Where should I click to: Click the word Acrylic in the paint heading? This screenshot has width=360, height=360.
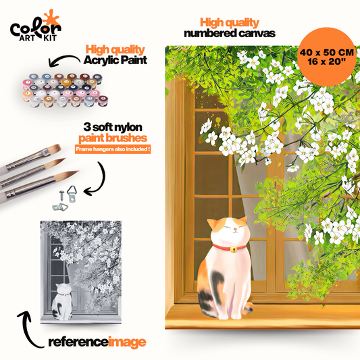(x=100, y=60)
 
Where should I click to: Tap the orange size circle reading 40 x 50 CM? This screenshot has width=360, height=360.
(x=326, y=57)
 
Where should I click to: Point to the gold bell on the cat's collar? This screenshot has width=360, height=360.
(x=233, y=249)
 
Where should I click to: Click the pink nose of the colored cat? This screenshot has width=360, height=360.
(x=234, y=229)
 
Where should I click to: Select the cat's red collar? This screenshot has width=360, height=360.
(x=229, y=247)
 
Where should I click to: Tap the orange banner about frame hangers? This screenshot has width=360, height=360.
(x=113, y=149)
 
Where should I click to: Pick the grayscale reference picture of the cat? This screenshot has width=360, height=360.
(x=81, y=272)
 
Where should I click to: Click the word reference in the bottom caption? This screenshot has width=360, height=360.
(x=78, y=342)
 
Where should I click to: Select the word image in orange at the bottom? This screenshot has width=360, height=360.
(x=127, y=342)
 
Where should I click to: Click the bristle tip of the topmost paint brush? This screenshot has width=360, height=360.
(x=57, y=148)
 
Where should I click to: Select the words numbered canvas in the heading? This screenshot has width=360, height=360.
(x=230, y=34)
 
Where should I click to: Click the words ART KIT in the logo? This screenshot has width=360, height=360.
(x=38, y=38)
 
